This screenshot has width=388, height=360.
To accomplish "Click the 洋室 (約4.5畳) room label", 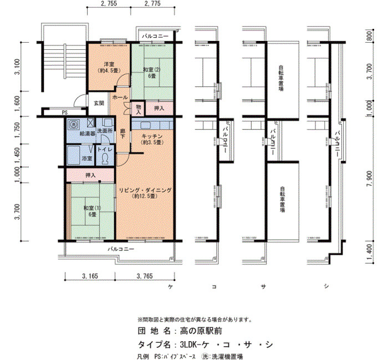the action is pos(109,67).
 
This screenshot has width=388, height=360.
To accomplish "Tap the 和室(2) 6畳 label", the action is pos(152,73).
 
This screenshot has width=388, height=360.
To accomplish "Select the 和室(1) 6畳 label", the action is pos(93,211).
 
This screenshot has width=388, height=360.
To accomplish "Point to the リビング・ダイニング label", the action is pos(145,190).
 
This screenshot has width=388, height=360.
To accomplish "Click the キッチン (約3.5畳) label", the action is pos(152,139).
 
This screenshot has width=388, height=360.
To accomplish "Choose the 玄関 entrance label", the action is pos(99,103).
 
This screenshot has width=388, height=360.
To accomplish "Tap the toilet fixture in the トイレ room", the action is pos(105,158).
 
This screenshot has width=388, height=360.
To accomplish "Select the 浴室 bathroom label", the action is pos(87,158).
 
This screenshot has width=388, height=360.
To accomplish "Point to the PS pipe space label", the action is pos(65,113).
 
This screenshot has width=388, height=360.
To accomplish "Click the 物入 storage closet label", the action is pos(139,109).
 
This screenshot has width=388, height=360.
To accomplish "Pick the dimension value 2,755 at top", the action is pos(109,3).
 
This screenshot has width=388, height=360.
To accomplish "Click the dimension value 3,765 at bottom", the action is pos(145,276).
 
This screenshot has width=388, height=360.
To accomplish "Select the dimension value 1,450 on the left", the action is pos(17,156).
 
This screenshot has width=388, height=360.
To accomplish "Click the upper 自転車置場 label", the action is pos(281,78).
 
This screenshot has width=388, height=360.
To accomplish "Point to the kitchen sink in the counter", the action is pos(145,125).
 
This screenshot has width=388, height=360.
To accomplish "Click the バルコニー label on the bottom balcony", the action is pos(121,249).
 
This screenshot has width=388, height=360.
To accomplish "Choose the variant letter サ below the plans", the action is pos(263,287).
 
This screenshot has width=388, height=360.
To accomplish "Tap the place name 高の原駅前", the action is pos(201,331).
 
